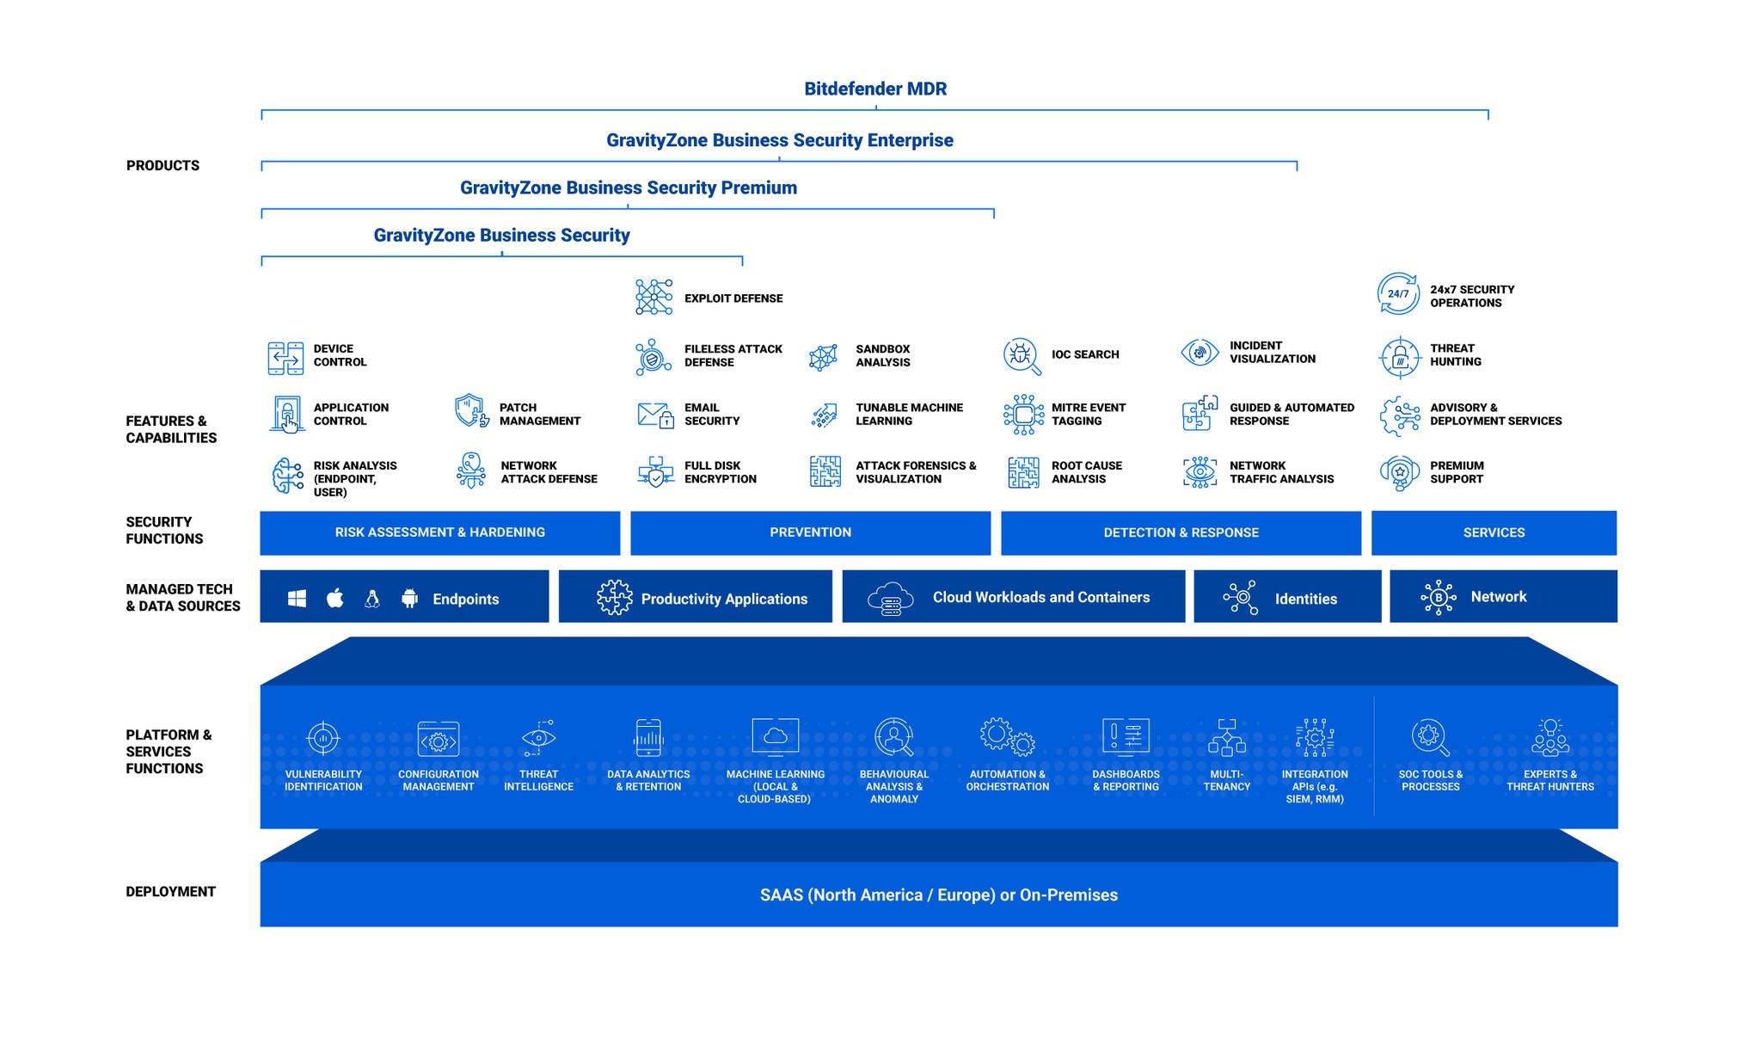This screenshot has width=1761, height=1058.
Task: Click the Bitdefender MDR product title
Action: pyautogui.click(x=875, y=89)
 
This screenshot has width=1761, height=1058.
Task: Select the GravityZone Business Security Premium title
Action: pyautogui.click(x=628, y=188)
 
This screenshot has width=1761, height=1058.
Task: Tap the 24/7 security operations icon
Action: pyautogui.click(x=1398, y=294)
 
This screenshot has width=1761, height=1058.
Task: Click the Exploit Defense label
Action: pyautogui.click(x=733, y=298)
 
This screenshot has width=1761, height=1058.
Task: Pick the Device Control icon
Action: pyautogui.click(x=285, y=357)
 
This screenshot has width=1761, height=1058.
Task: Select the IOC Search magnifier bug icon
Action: pyautogui.click(x=1022, y=355)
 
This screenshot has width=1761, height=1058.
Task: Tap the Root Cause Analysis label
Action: pyautogui.click(x=1086, y=472)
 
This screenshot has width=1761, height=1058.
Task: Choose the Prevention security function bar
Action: pyautogui.click(x=810, y=532)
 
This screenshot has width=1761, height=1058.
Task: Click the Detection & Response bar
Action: pyautogui.click(x=1181, y=532)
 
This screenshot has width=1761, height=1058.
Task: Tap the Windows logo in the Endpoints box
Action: pyautogui.click(x=297, y=599)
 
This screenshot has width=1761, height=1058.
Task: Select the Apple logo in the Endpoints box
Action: pyautogui.click(x=335, y=599)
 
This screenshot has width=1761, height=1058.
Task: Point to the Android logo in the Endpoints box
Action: pyautogui.click(x=409, y=599)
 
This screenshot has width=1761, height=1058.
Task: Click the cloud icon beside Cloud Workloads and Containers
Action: pyautogui.click(x=890, y=597)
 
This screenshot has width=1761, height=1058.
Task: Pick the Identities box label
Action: pyautogui.click(x=1305, y=599)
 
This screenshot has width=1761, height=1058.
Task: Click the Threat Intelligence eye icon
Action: pyautogui.click(x=538, y=737)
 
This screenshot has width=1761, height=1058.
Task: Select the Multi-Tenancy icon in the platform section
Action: pyautogui.click(x=1226, y=737)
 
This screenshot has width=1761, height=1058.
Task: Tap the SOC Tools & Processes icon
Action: pyautogui.click(x=1430, y=737)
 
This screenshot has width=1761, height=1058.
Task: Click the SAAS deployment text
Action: pyautogui.click(x=938, y=895)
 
